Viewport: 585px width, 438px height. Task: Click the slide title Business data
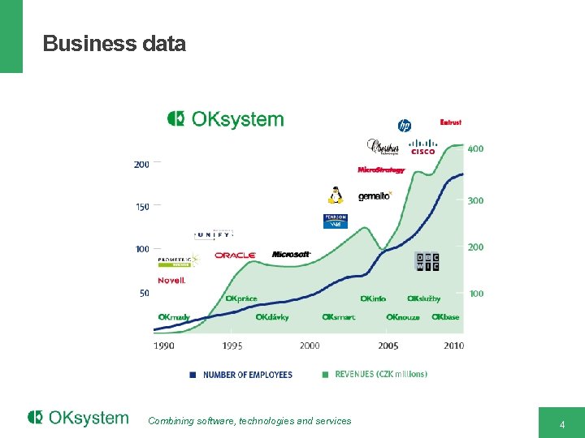114,44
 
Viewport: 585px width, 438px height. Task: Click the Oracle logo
235,255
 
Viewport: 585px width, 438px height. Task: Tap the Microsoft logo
291,255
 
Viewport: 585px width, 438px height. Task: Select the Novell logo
171,281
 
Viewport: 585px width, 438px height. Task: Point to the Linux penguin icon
334,195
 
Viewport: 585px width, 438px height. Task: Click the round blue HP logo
404,125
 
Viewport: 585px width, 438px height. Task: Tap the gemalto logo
375,196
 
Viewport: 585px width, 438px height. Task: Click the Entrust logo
450,122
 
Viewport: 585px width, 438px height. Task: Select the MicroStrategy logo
380,170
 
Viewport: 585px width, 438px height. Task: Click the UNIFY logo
214,235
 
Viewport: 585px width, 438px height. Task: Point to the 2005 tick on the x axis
388,346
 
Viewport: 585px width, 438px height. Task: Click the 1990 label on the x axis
164,346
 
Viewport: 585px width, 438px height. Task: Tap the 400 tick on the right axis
475,149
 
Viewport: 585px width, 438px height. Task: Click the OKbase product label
445,317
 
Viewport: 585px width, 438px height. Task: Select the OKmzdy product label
174,317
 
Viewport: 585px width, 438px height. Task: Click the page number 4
561,424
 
